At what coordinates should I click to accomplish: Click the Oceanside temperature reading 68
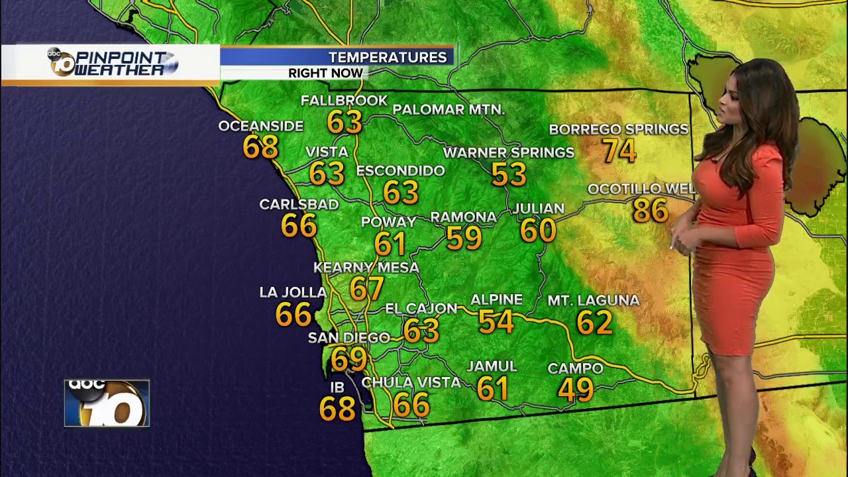[x=260, y=147]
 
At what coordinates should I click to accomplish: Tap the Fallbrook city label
[x=344, y=101]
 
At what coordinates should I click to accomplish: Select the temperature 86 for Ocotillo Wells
[x=650, y=211]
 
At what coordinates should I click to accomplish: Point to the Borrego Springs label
[x=619, y=129]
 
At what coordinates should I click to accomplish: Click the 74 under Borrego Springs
[x=619, y=151]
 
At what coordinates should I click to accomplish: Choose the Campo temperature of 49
[x=576, y=390]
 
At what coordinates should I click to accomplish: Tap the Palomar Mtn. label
[x=449, y=110]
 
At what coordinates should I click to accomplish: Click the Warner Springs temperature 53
[x=509, y=174]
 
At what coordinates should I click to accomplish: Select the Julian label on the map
[x=539, y=209]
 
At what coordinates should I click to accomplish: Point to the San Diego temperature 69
[x=349, y=359]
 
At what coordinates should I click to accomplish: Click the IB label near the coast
[x=337, y=388]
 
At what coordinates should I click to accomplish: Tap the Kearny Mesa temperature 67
[x=367, y=288]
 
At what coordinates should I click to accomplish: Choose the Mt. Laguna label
[x=593, y=301]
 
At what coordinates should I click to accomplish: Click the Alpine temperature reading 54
[x=496, y=321]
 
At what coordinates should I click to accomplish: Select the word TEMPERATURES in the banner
[x=388, y=58]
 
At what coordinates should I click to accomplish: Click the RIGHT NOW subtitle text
[x=325, y=73]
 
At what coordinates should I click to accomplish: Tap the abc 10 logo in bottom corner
[x=107, y=403]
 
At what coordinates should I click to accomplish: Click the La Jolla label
[x=293, y=292]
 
